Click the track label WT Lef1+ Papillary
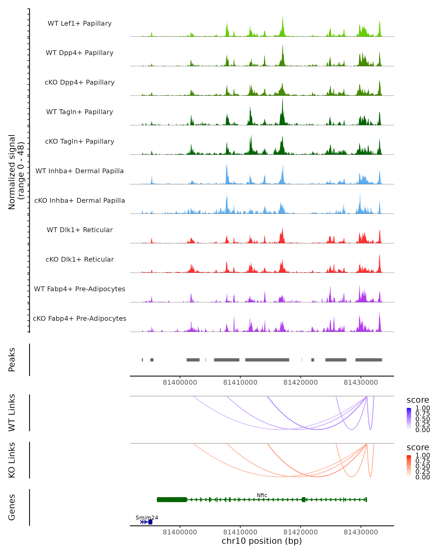point(80,23)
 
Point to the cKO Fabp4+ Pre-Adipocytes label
point(80,318)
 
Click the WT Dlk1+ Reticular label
point(80,230)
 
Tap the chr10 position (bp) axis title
point(262,541)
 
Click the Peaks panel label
point(12,360)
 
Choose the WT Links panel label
point(12,413)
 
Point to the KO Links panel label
point(12,460)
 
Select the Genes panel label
point(12,507)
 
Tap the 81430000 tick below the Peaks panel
point(361,382)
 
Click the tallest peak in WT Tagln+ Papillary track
point(282,100)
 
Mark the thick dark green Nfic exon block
point(171,500)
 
